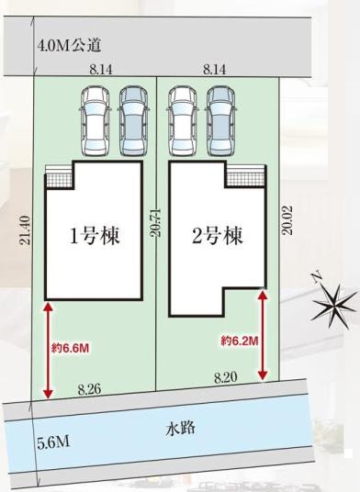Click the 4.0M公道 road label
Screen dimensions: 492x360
pyautogui.click(x=70, y=44)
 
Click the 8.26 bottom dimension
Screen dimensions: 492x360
pyautogui.click(x=89, y=390)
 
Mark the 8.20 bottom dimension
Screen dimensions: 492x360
pyautogui.click(x=225, y=377)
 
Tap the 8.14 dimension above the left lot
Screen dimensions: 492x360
pyautogui.click(x=101, y=69)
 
